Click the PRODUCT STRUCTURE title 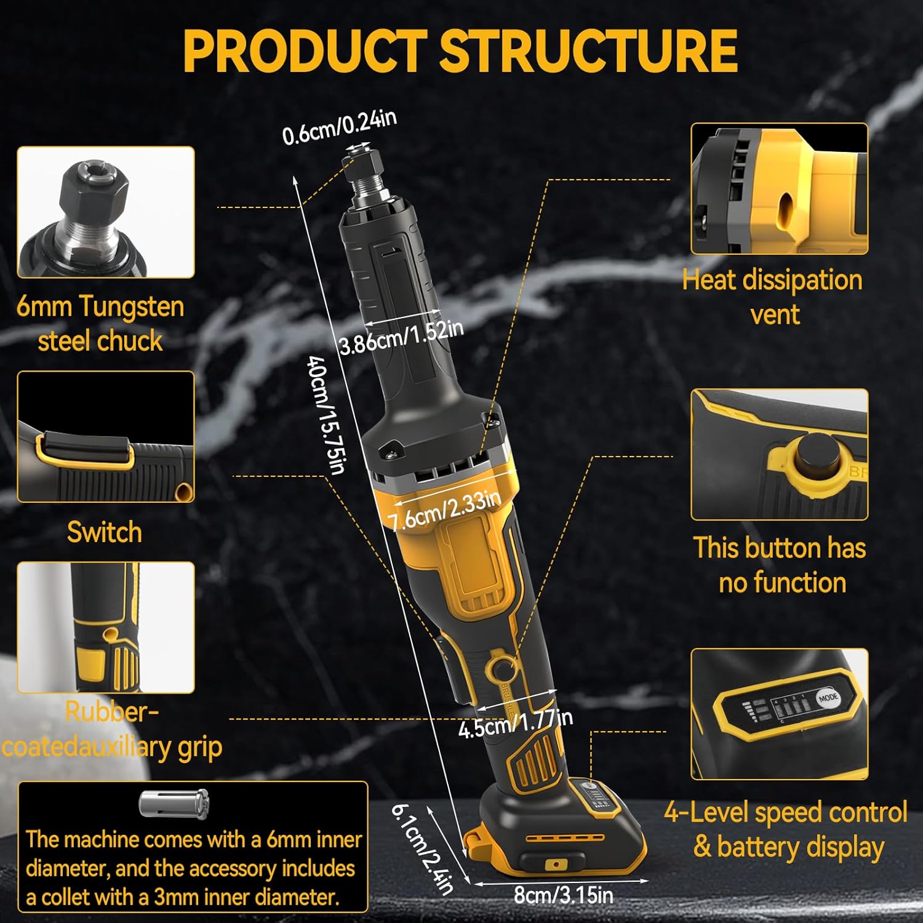coord(460,51)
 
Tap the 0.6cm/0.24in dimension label coord(339,127)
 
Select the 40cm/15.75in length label coord(325,415)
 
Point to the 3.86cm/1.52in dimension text coord(401,336)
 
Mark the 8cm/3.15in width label coord(564,895)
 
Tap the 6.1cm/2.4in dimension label coord(422,849)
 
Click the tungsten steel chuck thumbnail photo coord(106,212)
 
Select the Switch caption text coord(105,532)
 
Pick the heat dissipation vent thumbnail coord(779,188)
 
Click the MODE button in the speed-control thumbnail coord(828,698)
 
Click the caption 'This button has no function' coord(780,565)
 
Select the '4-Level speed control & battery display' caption coord(786,829)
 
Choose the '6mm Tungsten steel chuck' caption coord(100,324)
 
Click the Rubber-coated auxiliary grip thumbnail coord(106,628)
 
